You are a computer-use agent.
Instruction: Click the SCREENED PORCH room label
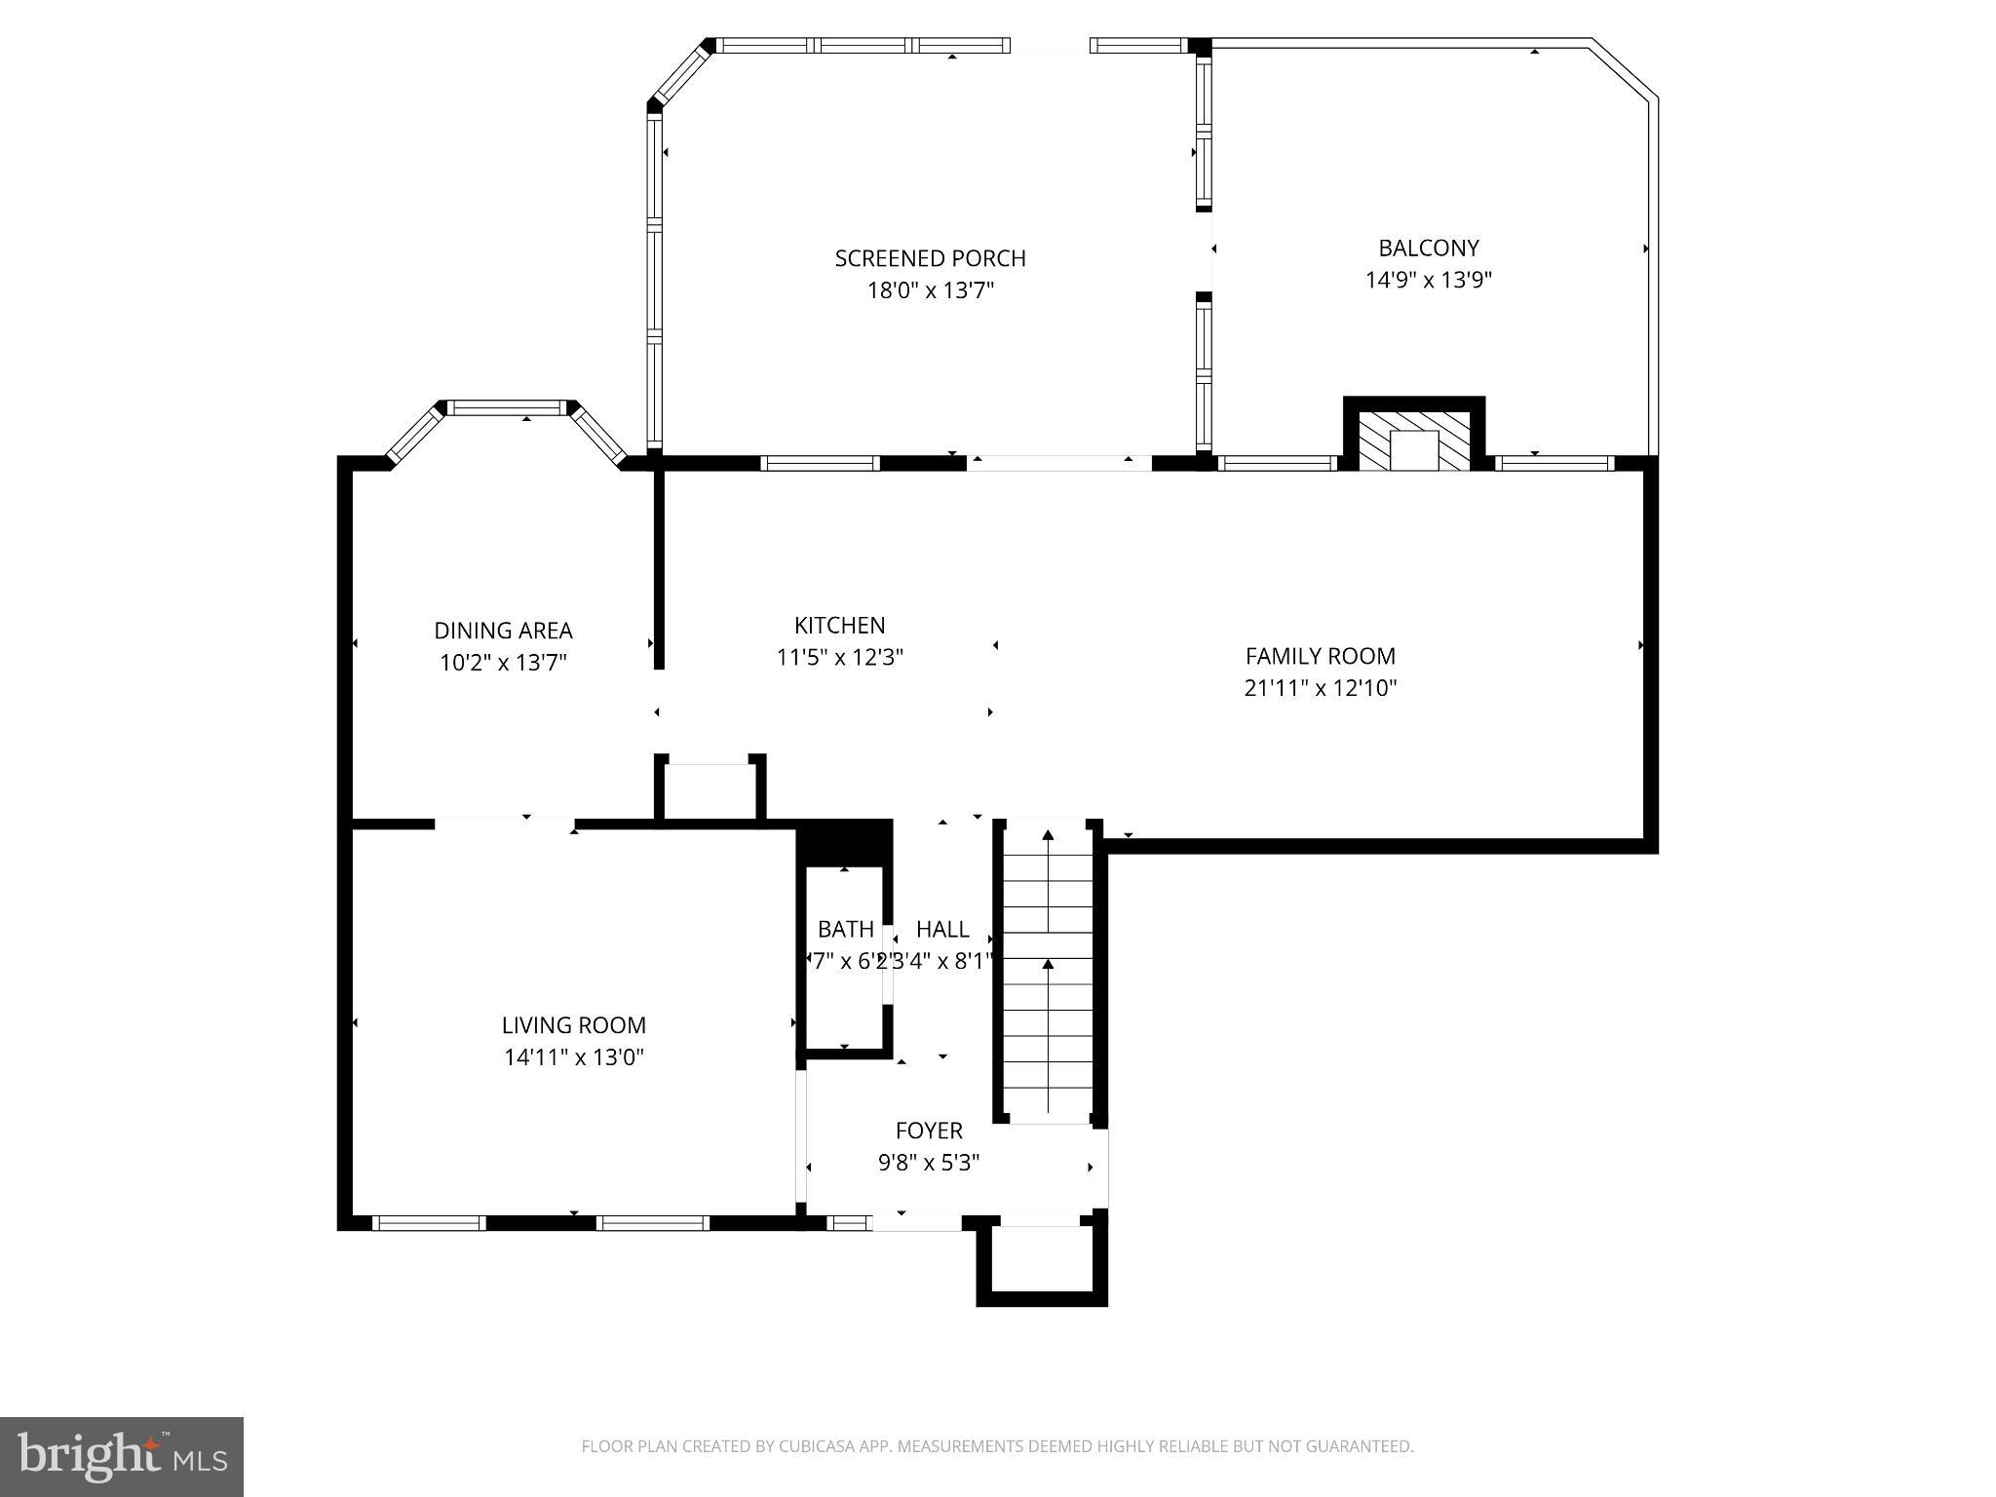pyautogui.click(x=930, y=258)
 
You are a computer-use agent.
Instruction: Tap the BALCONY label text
pyautogui.click(x=1428, y=248)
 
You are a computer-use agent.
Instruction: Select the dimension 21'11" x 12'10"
pyautogui.click(x=1320, y=688)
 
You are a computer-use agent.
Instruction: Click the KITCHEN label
pyautogui.click(x=839, y=625)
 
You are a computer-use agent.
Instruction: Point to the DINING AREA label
pyautogui.click(x=503, y=631)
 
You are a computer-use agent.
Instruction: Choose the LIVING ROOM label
pyautogui.click(x=573, y=1025)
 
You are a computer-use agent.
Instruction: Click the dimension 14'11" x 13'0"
pyautogui.click(x=573, y=1056)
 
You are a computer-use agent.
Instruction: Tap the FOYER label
pyautogui.click(x=928, y=1131)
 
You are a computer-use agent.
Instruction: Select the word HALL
pyautogui.click(x=942, y=929)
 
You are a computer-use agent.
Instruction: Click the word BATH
pyautogui.click(x=845, y=929)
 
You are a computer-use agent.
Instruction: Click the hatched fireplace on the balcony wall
pyautogui.click(x=1414, y=439)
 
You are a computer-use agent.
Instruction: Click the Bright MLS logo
pyautogui.click(x=122, y=1456)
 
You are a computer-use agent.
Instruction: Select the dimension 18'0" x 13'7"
pyautogui.click(x=930, y=290)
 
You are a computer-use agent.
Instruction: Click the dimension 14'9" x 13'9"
pyautogui.click(x=1428, y=281)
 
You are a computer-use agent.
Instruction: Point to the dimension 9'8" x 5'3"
pyautogui.click(x=928, y=1163)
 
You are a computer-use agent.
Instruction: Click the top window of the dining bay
pyautogui.click(x=506, y=408)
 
